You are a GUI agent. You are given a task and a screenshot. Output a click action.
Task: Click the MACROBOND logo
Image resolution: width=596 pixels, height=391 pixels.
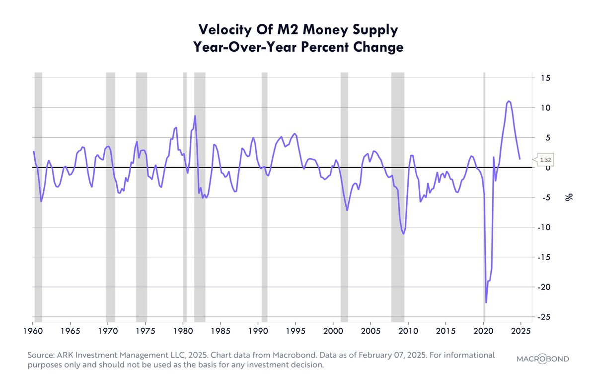(542, 359)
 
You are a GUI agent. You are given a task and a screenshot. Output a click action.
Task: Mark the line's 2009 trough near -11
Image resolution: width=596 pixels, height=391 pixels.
(403, 233)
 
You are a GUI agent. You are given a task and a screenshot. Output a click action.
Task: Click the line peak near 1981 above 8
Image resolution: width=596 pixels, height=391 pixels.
(195, 116)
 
